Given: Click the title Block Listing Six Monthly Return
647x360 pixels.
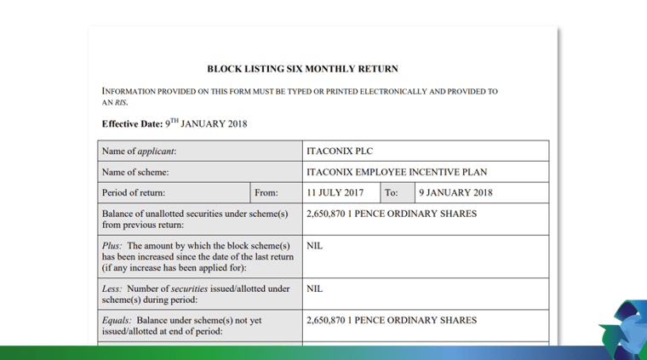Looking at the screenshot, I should tap(302, 68).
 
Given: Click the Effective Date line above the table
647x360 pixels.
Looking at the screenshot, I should tap(175, 123).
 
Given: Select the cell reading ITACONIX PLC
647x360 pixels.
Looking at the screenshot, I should tap(334, 151).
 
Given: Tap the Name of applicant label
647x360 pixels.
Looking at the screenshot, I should tap(145, 151).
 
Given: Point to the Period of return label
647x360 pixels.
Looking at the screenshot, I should tap(134, 192).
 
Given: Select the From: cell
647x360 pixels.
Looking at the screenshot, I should tap(266, 192).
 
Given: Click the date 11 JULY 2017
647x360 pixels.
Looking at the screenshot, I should tap(335, 192).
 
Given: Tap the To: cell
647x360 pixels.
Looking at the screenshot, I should tap(392, 192).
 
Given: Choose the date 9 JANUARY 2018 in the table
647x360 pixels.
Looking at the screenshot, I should tap(454, 192).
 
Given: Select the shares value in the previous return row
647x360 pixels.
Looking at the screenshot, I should tap(391, 214).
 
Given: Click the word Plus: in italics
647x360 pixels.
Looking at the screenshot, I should tap(113, 246).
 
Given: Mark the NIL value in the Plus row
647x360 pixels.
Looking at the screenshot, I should tap(315, 246).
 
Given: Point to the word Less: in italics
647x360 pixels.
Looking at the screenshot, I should tap(114, 289).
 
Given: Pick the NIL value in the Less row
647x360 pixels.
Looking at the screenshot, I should tap(315, 289).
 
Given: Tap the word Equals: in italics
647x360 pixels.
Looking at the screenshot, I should tap(118, 320).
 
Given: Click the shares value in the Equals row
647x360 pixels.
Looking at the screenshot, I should tap(391, 320).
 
